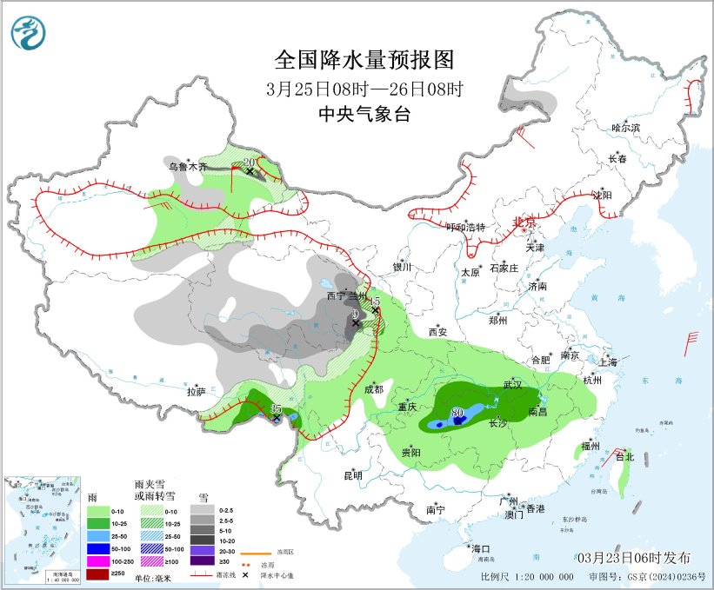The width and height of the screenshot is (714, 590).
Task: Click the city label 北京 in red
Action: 524,222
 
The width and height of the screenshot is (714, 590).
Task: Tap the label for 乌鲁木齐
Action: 188,166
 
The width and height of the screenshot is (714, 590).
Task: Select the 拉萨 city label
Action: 196,392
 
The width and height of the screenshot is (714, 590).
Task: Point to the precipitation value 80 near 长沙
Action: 458,412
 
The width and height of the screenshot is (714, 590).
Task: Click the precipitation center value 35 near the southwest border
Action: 276,408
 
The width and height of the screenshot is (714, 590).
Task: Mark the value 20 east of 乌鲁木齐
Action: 249,162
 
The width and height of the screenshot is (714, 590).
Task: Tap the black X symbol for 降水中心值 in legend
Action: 246,576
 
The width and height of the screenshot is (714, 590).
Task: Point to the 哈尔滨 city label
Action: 624,128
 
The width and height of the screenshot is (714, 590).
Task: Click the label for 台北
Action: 624,456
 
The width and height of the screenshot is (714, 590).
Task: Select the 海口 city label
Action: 480,548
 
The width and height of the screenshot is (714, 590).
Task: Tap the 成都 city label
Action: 374,390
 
